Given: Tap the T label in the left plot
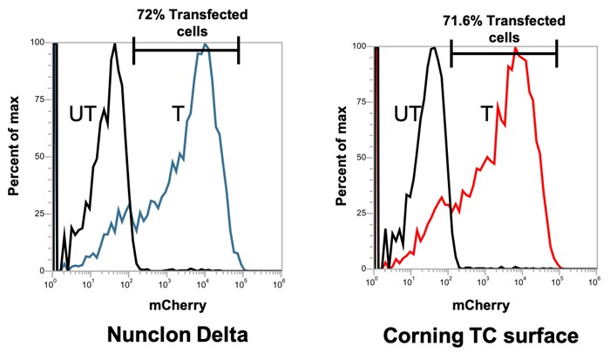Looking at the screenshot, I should pos(177,114).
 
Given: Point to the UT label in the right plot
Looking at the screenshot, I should pos(407,112).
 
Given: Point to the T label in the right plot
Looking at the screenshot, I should pos(485,112).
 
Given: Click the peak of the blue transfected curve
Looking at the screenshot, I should pos(205,44).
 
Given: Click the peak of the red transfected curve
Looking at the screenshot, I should pos(516,49).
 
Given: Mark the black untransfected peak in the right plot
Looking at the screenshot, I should pos(433,48).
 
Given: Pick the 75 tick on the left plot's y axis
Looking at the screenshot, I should pos(37,98).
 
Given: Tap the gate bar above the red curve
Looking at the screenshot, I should pos(503,53).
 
